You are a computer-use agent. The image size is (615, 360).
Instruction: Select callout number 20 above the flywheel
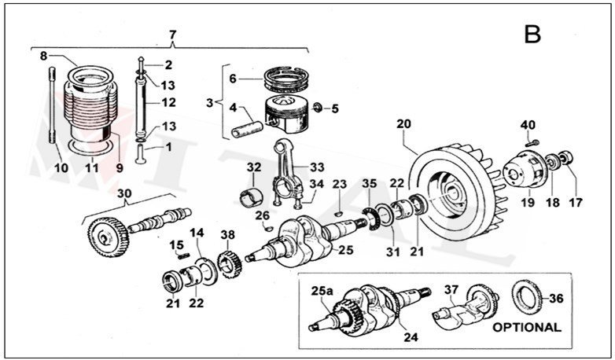point(404,125)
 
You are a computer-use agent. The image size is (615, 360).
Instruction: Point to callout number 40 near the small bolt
point(527,125)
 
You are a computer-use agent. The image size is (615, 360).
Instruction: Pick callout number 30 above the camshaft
point(123,193)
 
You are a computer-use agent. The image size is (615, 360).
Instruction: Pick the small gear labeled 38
point(228,262)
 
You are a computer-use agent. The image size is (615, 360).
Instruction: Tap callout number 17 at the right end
point(576,202)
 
